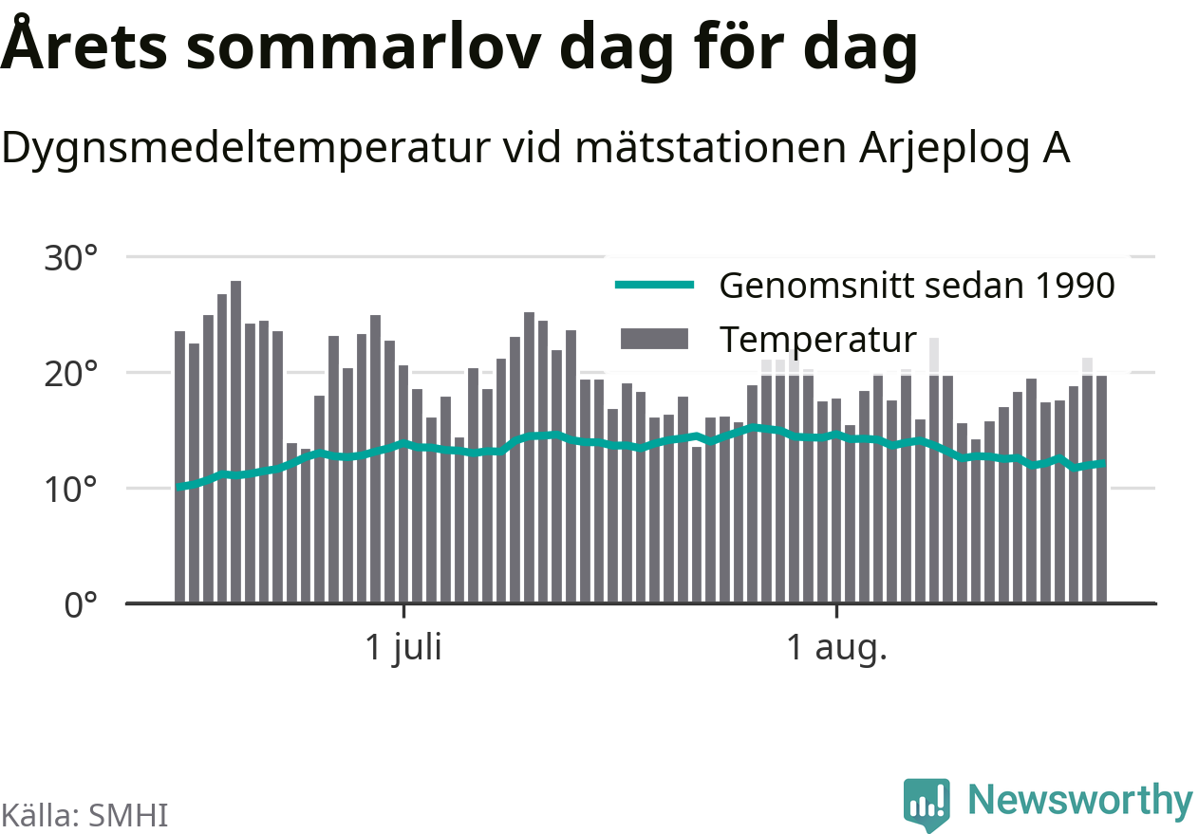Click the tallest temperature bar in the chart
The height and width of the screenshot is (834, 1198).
(235, 442)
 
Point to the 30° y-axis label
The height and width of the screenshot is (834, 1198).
(71, 258)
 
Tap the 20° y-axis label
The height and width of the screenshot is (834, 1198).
(71, 374)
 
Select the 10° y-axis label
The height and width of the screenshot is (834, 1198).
(71, 490)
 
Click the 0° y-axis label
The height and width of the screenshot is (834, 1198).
(81, 605)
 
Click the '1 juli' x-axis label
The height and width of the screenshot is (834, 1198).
(403, 648)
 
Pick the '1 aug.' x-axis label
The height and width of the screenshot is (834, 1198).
(837, 648)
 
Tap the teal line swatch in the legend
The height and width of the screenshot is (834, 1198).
(655, 285)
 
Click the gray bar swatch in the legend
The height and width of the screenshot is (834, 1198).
(655, 339)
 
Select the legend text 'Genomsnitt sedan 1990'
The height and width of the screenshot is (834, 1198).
(917, 286)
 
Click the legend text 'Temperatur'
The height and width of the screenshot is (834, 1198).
(818, 340)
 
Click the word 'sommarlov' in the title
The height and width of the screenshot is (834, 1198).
(364, 47)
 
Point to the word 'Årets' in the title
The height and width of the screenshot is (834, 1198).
(84, 44)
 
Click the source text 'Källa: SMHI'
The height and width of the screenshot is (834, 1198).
(84, 815)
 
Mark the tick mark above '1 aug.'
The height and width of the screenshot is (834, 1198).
(837, 610)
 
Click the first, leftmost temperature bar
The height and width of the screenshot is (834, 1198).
(180, 467)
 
